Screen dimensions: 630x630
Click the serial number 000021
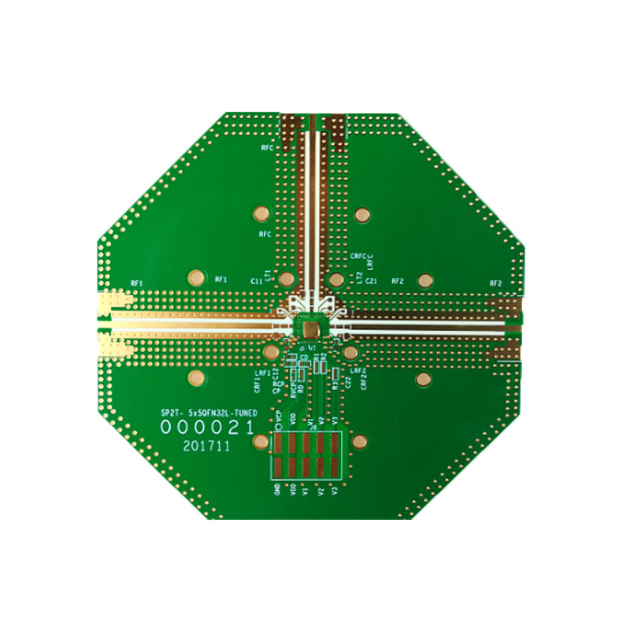coord(207,427)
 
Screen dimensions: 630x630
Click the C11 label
coord(256,280)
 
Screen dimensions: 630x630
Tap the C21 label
coord(372,280)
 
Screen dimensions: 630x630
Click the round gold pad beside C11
coord(287,280)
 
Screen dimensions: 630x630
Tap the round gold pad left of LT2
coord(336,280)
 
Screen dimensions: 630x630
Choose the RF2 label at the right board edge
coord(495,283)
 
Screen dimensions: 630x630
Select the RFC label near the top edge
coord(265,147)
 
